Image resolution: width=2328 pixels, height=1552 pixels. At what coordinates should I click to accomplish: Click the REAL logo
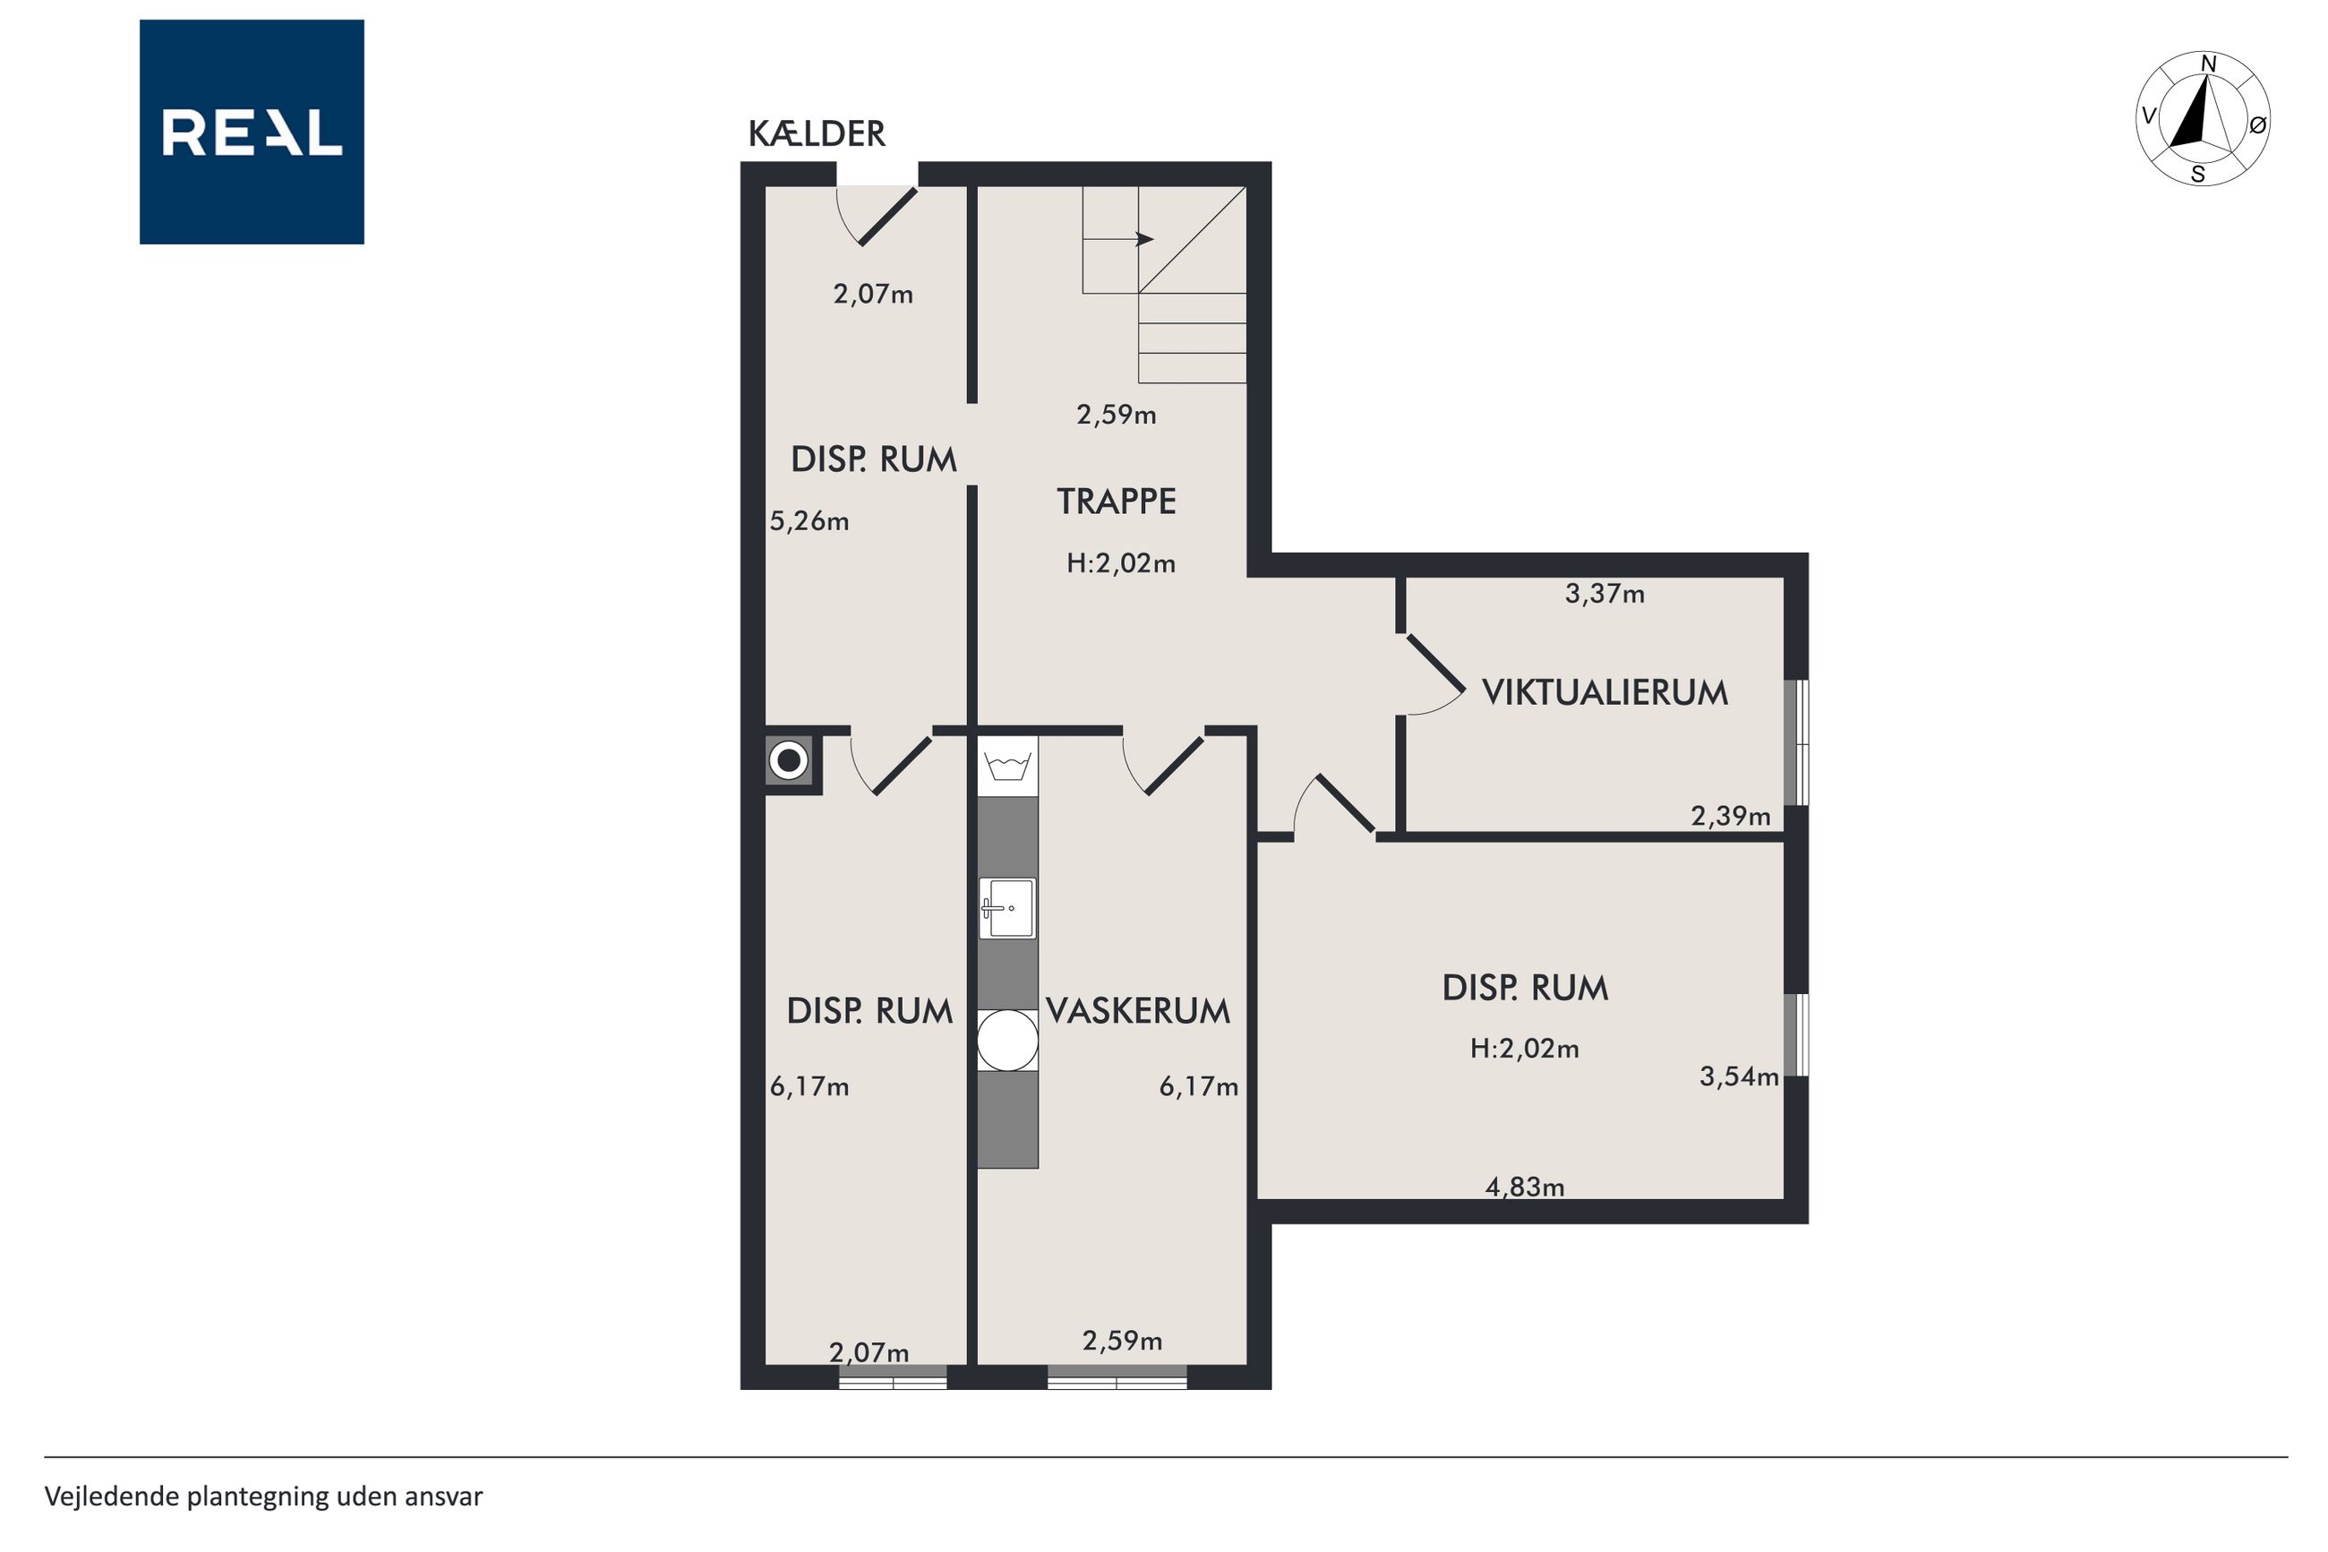pos(252,132)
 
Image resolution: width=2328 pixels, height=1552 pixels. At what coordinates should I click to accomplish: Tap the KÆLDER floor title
pos(817,133)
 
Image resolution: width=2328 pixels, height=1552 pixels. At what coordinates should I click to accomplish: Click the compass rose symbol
pos(2203,119)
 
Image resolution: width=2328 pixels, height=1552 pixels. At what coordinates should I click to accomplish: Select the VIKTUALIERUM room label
pos(1604,692)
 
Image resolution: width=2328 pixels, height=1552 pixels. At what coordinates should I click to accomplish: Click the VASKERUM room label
pos(1138,1010)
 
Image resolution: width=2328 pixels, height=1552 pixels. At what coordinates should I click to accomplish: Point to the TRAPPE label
pos(1116,502)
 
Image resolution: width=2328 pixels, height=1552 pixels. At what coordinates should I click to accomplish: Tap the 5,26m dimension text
pos(809,520)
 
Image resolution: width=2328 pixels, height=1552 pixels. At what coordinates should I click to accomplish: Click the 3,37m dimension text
pos(1605,594)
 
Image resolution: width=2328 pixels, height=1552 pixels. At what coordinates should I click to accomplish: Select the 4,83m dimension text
pos(1525,1187)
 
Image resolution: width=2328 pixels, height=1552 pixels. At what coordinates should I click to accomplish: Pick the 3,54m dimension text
pos(1738,1076)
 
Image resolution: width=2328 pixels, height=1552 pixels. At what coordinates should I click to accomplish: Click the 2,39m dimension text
pos(1731,817)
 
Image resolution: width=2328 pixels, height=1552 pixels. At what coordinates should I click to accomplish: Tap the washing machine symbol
pos(1007,766)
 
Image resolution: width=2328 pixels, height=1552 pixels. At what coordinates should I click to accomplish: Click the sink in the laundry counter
pos(1007,907)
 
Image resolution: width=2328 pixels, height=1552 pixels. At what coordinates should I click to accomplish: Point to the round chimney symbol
pos(789,761)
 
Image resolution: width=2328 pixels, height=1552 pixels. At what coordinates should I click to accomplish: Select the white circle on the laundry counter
pos(1007,1041)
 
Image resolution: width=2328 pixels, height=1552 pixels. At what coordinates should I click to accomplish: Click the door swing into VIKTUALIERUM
pos(1434,674)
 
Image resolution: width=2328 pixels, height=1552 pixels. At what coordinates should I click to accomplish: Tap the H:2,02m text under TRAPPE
pos(1121,563)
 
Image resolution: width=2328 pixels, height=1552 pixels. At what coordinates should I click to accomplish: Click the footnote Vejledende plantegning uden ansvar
pos(263,1496)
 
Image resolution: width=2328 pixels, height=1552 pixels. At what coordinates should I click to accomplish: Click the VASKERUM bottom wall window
pos(1117,1376)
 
